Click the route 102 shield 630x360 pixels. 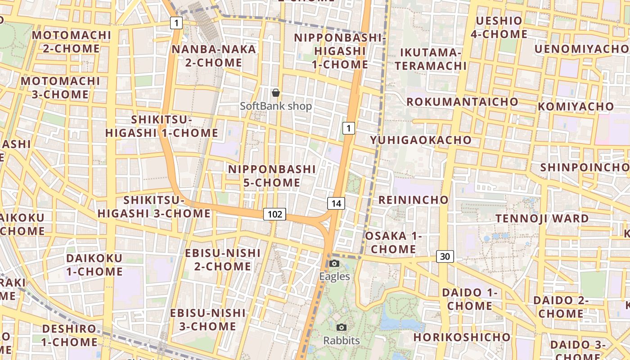pyautogui.click(x=274, y=214)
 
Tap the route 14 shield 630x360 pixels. pyautogui.click(x=336, y=203)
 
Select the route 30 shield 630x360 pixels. pyautogui.click(x=445, y=256)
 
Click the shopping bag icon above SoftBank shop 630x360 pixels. pyautogui.click(x=276, y=93)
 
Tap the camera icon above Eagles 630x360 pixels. pyautogui.click(x=334, y=263)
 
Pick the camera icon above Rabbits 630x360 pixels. pyautogui.click(x=342, y=327)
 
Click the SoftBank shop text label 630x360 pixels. pyautogui.click(x=276, y=106)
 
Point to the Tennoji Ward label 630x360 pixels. pyautogui.click(x=542, y=219)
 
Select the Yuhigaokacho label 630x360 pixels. pyautogui.click(x=421, y=140)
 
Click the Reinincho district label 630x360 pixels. pyautogui.click(x=414, y=200)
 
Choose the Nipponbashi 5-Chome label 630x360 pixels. pyautogui.click(x=272, y=176)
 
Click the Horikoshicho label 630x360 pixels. pyautogui.click(x=462, y=337)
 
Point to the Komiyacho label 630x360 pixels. pyautogui.click(x=576, y=107)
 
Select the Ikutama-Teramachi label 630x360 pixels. pyautogui.click(x=431, y=59)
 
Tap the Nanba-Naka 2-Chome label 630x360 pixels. pyautogui.click(x=214, y=56)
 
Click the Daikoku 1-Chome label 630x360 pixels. pyautogui.click(x=94, y=265)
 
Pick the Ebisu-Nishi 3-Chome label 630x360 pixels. pyautogui.click(x=208, y=319)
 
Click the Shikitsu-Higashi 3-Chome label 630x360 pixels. pyautogui.click(x=154, y=207)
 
